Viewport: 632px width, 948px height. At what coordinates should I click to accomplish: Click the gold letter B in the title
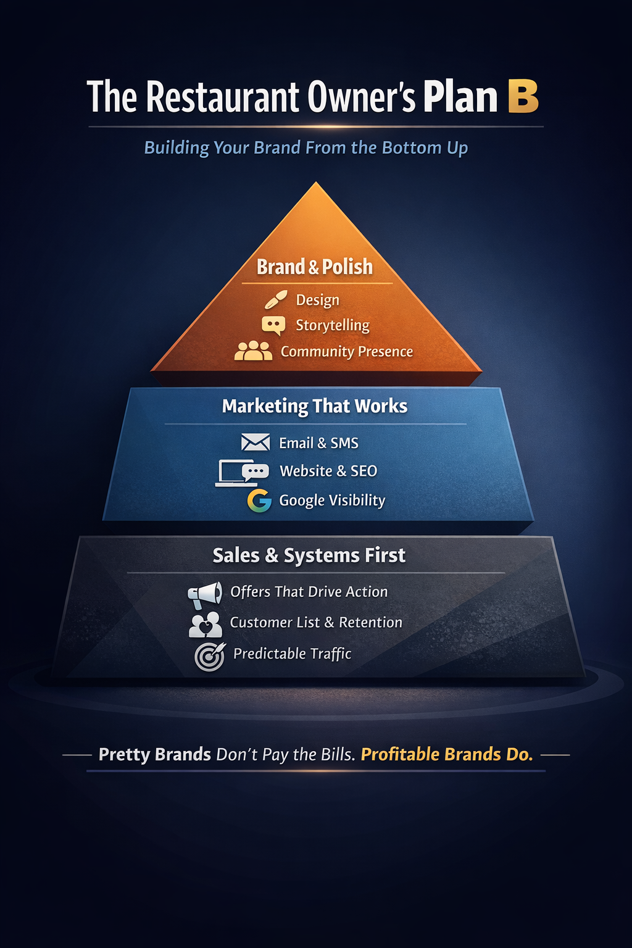523,97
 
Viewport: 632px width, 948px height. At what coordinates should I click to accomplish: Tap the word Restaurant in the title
223,98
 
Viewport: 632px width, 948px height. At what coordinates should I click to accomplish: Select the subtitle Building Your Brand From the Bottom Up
306,148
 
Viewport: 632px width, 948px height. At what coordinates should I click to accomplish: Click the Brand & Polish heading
315,267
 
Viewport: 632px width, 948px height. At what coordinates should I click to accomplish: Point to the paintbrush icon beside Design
275,299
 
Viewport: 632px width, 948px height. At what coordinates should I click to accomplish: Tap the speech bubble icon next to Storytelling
273,325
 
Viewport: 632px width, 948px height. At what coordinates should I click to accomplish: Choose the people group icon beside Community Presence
253,351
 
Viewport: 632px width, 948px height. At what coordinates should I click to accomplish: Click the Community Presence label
347,351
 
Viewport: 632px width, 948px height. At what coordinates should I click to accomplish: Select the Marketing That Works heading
315,406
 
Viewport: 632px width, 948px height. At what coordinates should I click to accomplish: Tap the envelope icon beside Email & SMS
256,443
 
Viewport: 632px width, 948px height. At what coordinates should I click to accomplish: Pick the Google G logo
259,501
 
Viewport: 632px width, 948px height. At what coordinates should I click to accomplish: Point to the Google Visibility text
332,500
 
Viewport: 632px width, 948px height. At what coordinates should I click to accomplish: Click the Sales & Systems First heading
309,555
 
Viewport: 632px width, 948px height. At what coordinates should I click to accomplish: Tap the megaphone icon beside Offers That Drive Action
205,594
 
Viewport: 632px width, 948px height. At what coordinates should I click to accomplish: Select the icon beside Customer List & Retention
206,625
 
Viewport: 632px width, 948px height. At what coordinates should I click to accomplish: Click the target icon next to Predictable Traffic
210,656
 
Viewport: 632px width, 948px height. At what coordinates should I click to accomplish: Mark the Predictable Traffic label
293,654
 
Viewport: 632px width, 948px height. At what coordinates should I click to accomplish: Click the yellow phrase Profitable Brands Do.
447,754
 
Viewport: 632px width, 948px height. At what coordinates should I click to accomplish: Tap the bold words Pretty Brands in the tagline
155,754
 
